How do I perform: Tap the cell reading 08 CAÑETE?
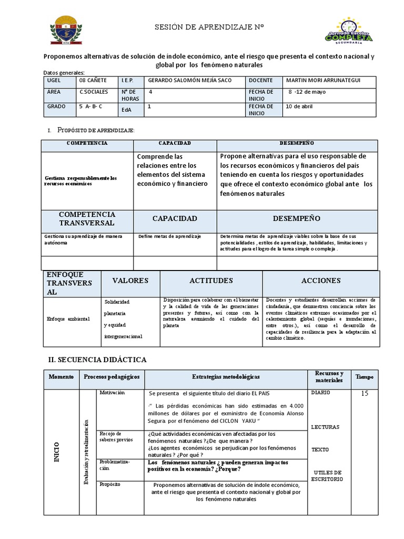(93, 81)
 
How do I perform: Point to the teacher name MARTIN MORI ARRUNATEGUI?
(323, 81)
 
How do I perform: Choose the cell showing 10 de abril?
(299, 106)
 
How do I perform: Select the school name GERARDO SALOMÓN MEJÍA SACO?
(190, 81)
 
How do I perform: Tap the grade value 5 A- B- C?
(90, 106)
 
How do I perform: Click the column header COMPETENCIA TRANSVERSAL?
(87, 218)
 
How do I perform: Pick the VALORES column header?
(130, 281)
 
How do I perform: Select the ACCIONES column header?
(320, 281)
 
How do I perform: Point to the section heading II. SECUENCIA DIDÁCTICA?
(97, 360)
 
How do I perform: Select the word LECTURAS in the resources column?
(325, 427)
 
